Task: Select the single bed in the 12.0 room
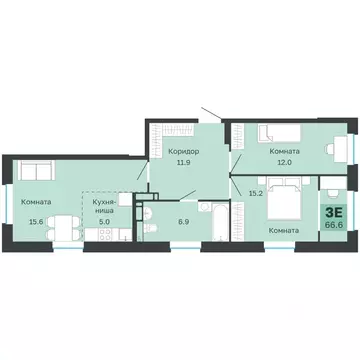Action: (271, 132)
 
